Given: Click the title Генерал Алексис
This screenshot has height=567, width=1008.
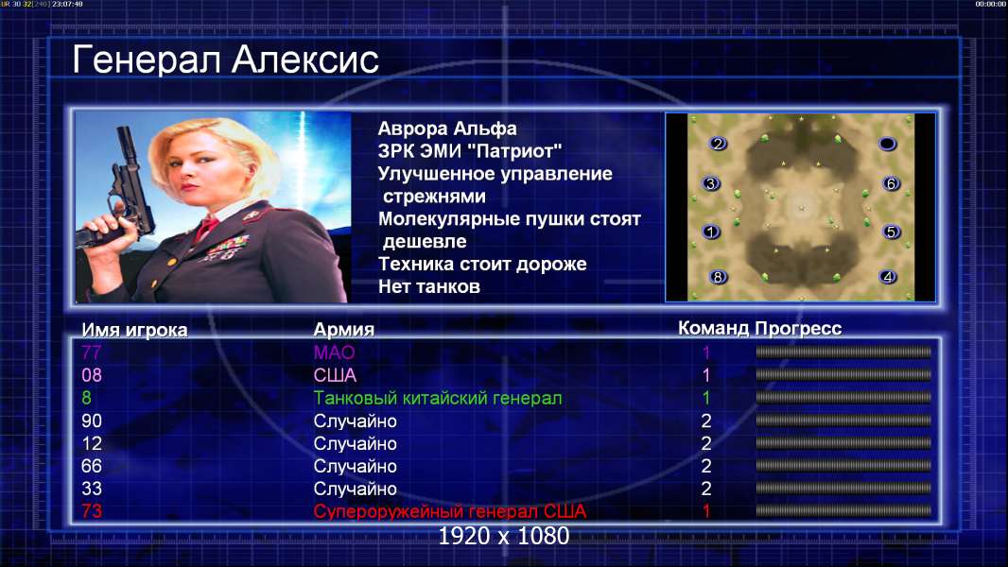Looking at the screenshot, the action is click(x=226, y=60).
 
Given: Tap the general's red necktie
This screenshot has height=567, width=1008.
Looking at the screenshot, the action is click(x=206, y=228).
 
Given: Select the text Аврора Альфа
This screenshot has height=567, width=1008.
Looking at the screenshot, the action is click(x=446, y=129).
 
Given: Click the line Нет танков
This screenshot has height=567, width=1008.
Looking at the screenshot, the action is click(x=428, y=286).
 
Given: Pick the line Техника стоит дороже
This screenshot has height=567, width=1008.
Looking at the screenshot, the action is click(x=482, y=264).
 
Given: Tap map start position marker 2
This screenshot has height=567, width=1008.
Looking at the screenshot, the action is click(x=718, y=144).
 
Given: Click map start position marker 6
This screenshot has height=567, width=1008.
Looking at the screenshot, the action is click(x=891, y=183).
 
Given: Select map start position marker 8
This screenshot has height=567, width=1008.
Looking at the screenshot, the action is click(x=718, y=277).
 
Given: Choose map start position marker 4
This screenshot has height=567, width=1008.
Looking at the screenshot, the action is click(x=888, y=277).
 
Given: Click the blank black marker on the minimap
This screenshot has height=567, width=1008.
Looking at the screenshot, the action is click(x=887, y=144).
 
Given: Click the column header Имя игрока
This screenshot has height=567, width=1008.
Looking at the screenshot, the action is click(x=134, y=330).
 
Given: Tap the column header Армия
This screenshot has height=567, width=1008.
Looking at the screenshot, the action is click(x=343, y=330).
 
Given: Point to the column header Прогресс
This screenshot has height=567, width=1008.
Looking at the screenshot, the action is click(x=798, y=328).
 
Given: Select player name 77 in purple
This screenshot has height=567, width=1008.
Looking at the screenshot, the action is click(x=92, y=352).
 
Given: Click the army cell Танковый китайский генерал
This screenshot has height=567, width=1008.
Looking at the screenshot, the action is click(x=437, y=398).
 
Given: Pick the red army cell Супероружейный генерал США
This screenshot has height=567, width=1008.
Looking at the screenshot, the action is click(x=449, y=511).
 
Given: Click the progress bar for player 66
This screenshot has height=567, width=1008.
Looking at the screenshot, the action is click(x=843, y=466).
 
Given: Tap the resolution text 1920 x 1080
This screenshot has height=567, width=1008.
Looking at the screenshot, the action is click(x=503, y=536).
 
